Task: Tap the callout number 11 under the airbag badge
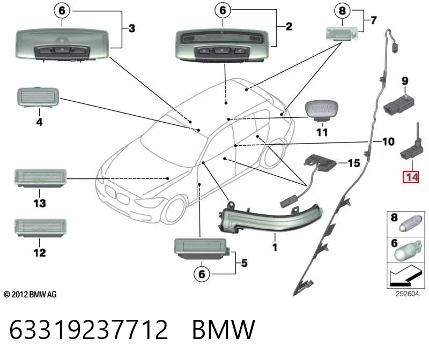click(x=322, y=132)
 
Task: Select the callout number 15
click(x=354, y=163)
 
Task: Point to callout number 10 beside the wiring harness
click(x=388, y=141)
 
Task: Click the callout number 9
click(x=405, y=81)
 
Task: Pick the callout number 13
click(x=40, y=203)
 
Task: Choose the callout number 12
click(x=40, y=252)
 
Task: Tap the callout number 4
click(x=39, y=122)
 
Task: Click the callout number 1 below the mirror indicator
click(x=275, y=247)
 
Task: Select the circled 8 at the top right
click(x=342, y=11)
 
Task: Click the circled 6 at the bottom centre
click(x=202, y=274)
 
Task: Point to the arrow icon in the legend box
click(x=405, y=276)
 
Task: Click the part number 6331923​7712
click(x=88, y=329)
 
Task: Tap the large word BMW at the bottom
click(x=224, y=329)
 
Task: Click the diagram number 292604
click(x=407, y=294)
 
